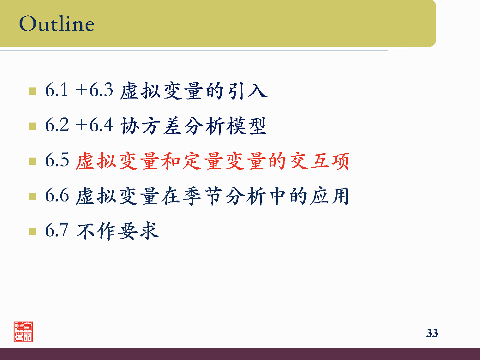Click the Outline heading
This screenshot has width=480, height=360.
pyautogui.click(x=57, y=24)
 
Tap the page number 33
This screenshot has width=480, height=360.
pyautogui.click(x=432, y=333)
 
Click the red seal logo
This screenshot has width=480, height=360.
pyautogui.click(x=23, y=332)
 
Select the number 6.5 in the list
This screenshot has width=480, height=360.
pyautogui.click(x=57, y=160)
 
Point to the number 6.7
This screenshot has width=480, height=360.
pyautogui.click(x=57, y=230)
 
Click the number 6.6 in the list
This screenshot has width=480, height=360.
pyautogui.click(x=57, y=195)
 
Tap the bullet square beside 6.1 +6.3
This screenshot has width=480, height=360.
pyautogui.click(x=33, y=91)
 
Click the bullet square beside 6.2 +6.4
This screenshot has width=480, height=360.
pyautogui.click(x=33, y=126)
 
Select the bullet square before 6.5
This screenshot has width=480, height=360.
pyautogui.click(x=33, y=161)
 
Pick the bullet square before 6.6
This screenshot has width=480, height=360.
pyautogui.click(x=33, y=196)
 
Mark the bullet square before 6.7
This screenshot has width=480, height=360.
pyautogui.click(x=33, y=231)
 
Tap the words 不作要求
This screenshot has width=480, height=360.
pyautogui.click(x=117, y=231)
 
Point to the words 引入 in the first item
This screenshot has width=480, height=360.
pyautogui.click(x=247, y=91)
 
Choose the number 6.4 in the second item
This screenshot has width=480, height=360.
pyautogui.click(x=101, y=125)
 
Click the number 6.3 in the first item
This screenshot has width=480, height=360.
pyautogui.click(x=101, y=90)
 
